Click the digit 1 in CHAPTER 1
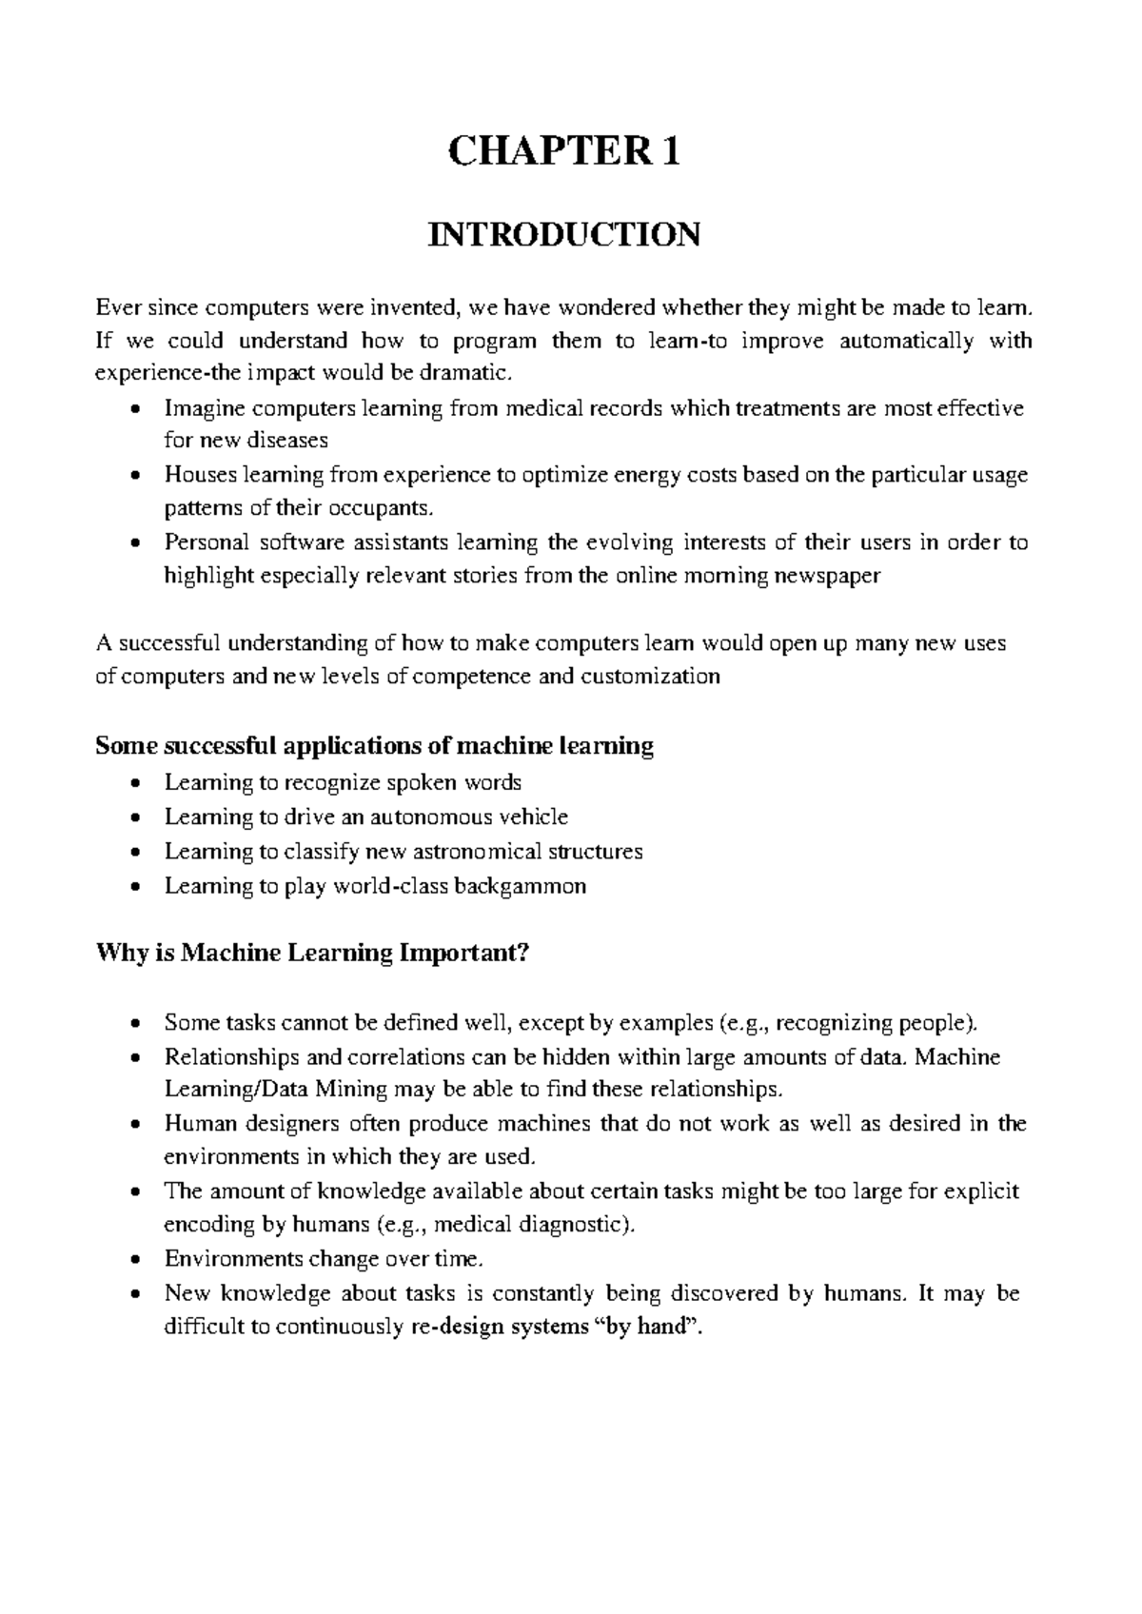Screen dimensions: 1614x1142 [x=672, y=152]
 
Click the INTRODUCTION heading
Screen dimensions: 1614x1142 [x=564, y=234]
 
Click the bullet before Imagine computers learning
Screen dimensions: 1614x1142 [x=138, y=410]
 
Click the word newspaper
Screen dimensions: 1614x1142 [x=829, y=576]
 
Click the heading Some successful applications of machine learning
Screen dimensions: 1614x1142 [x=374, y=745]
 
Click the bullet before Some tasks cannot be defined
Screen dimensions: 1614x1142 [x=138, y=1025]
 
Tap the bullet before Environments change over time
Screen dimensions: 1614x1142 [x=138, y=1260]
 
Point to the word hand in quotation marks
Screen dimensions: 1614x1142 [x=663, y=1327]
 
